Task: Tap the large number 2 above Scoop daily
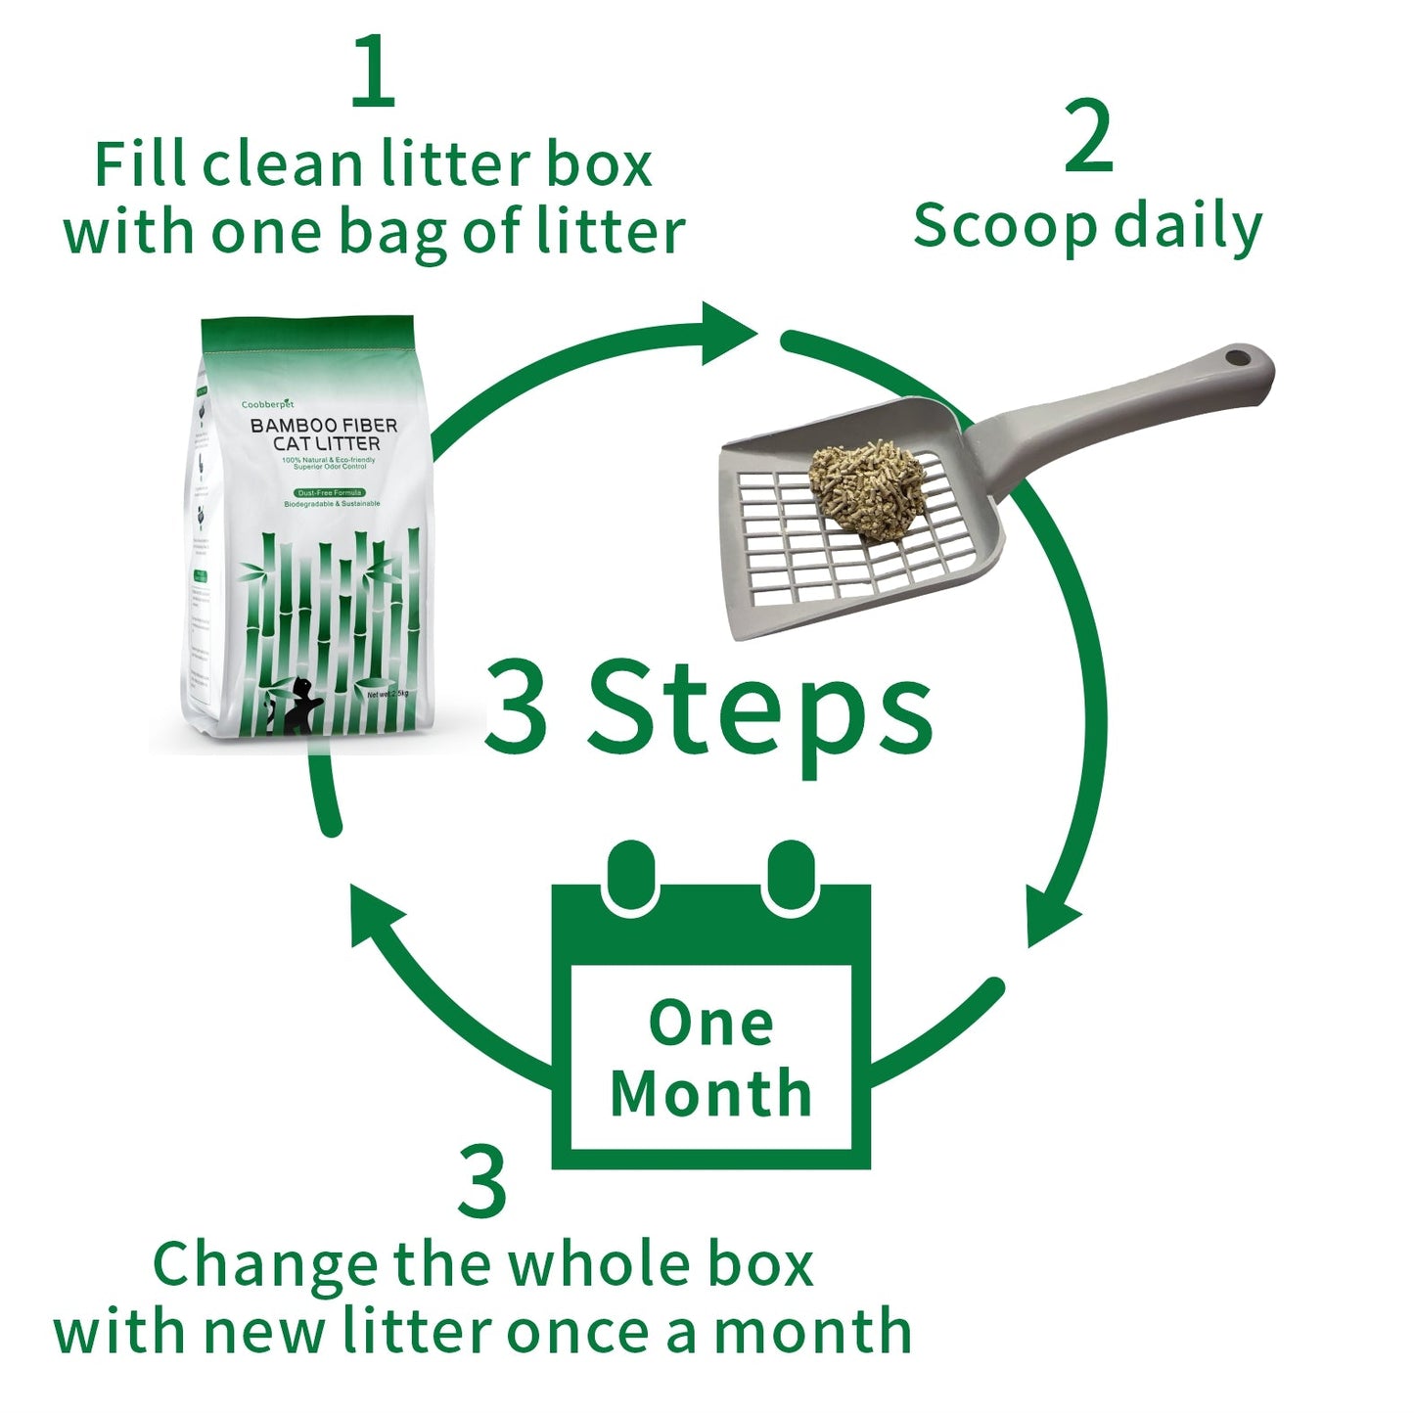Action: coord(1088,137)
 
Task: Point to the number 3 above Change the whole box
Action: coord(482,1183)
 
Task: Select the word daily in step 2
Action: coord(1188,227)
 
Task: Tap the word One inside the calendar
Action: coord(711,1024)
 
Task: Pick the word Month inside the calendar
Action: coord(711,1093)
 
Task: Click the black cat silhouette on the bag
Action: coord(297,706)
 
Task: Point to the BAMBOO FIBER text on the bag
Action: coord(324,425)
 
